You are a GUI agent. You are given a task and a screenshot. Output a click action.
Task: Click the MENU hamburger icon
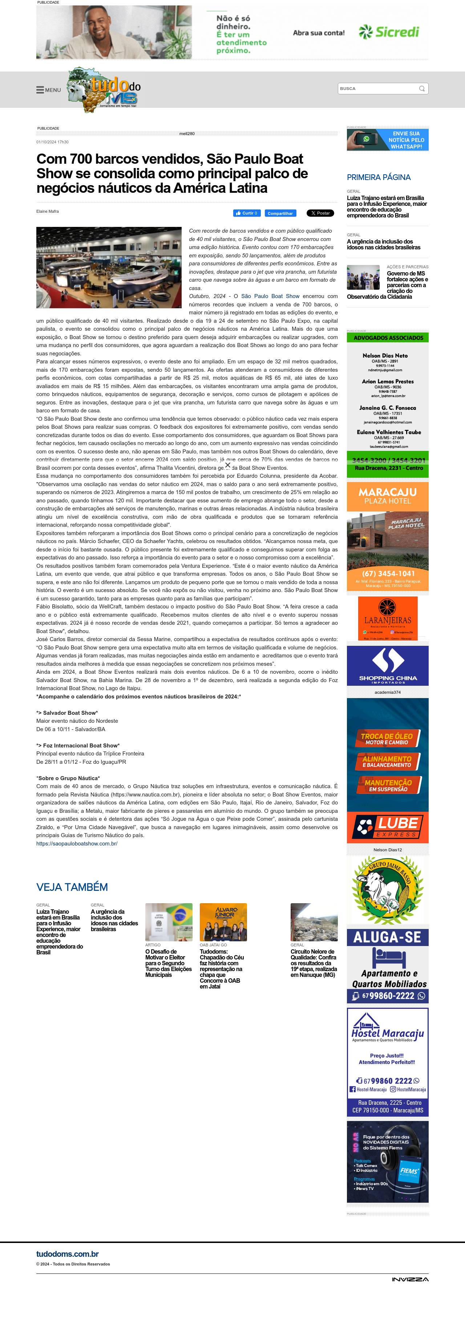point(40,90)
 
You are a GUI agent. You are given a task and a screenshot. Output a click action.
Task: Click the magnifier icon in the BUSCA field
point(422,89)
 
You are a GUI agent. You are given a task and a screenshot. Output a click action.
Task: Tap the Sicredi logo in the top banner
point(389,32)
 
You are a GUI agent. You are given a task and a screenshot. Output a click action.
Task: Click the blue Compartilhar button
point(280,213)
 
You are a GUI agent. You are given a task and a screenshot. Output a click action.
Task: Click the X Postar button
point(320,213)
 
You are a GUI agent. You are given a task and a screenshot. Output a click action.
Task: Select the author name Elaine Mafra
point(47,211)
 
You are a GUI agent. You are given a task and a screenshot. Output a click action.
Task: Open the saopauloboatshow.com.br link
point(77,843)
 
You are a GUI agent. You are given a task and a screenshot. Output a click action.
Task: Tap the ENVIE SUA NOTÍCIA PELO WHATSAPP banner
point(388,140)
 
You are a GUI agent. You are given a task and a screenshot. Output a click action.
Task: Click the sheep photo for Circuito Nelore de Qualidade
point(314,922)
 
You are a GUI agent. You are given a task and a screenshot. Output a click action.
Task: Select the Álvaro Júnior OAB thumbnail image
point(223,922)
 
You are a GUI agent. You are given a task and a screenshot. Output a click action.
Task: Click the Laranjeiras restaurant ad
point(388,618)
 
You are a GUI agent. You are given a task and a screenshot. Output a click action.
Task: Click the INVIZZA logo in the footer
point(410,1279)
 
